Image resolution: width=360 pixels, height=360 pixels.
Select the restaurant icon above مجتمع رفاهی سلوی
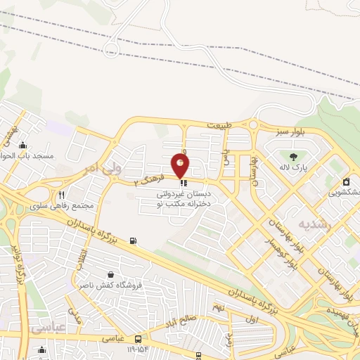click(x=62, y=195)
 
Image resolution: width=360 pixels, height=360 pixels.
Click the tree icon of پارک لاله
click(x=294, y=155)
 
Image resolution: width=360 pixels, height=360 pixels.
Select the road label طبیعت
click(x=219, y=125)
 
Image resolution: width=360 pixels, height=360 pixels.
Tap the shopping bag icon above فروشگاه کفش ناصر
click(x=110, y=274)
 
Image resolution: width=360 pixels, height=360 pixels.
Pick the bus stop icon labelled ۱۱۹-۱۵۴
click(x=139, y=337)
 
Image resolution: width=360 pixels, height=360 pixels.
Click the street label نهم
click(x=219, y=307)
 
